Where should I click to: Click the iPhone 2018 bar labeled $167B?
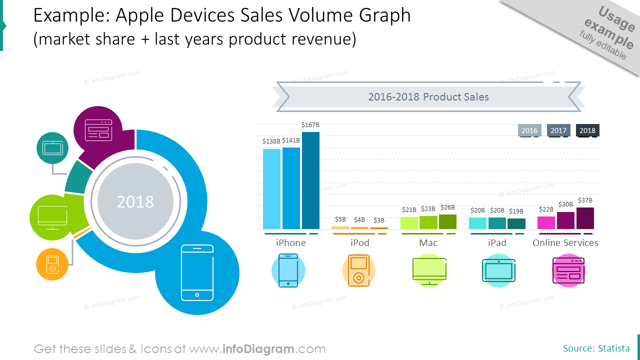click(310, 180)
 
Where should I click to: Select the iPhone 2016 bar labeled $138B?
click(271, 189)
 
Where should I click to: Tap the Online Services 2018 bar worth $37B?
click(585, 218)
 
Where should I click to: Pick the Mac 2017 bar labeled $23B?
click(428, 222)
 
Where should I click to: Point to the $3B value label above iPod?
click(379, 220)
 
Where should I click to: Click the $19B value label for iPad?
click(516, 211)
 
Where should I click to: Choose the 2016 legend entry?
click(529, 130)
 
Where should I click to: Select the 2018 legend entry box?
click(587, 130)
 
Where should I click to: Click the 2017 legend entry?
click(558, 130)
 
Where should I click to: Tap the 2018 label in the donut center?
click(135, 202)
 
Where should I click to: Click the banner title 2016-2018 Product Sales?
click(428, 97)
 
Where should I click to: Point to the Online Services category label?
click(565, 243)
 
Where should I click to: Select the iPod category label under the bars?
click(359, 243)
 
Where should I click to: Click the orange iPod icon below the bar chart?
click(358, 270)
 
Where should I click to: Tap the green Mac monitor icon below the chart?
click(429, 270)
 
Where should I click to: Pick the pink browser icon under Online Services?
click(568, 270)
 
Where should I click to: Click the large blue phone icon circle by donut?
click(197, 273)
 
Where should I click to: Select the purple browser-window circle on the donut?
click(98, 130)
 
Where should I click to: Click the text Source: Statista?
click(596, 348)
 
